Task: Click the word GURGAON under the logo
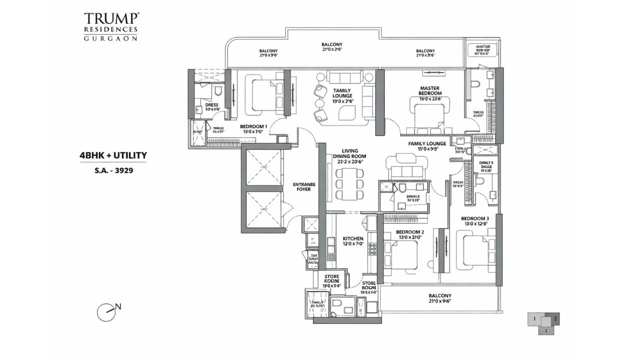pyautogui.click(x=111, y=38)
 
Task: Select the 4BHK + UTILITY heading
pyautogui.click(x=113, y=155)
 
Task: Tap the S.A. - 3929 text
pyautogui.click(x=113, y=170)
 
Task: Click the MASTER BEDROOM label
pyautogui.click(x=430, y=90)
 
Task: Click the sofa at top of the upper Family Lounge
pyautogui.click(x=345, y=76)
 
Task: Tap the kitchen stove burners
pyautogui.click(x=372, y=248)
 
